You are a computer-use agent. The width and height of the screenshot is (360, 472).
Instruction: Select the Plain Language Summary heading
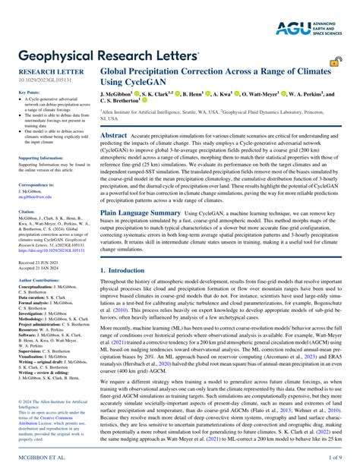(x=141, y=213)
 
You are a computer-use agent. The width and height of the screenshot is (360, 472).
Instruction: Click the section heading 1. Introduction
(x=126, y=269)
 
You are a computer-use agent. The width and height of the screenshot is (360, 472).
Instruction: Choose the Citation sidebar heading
(x=27, y=211)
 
